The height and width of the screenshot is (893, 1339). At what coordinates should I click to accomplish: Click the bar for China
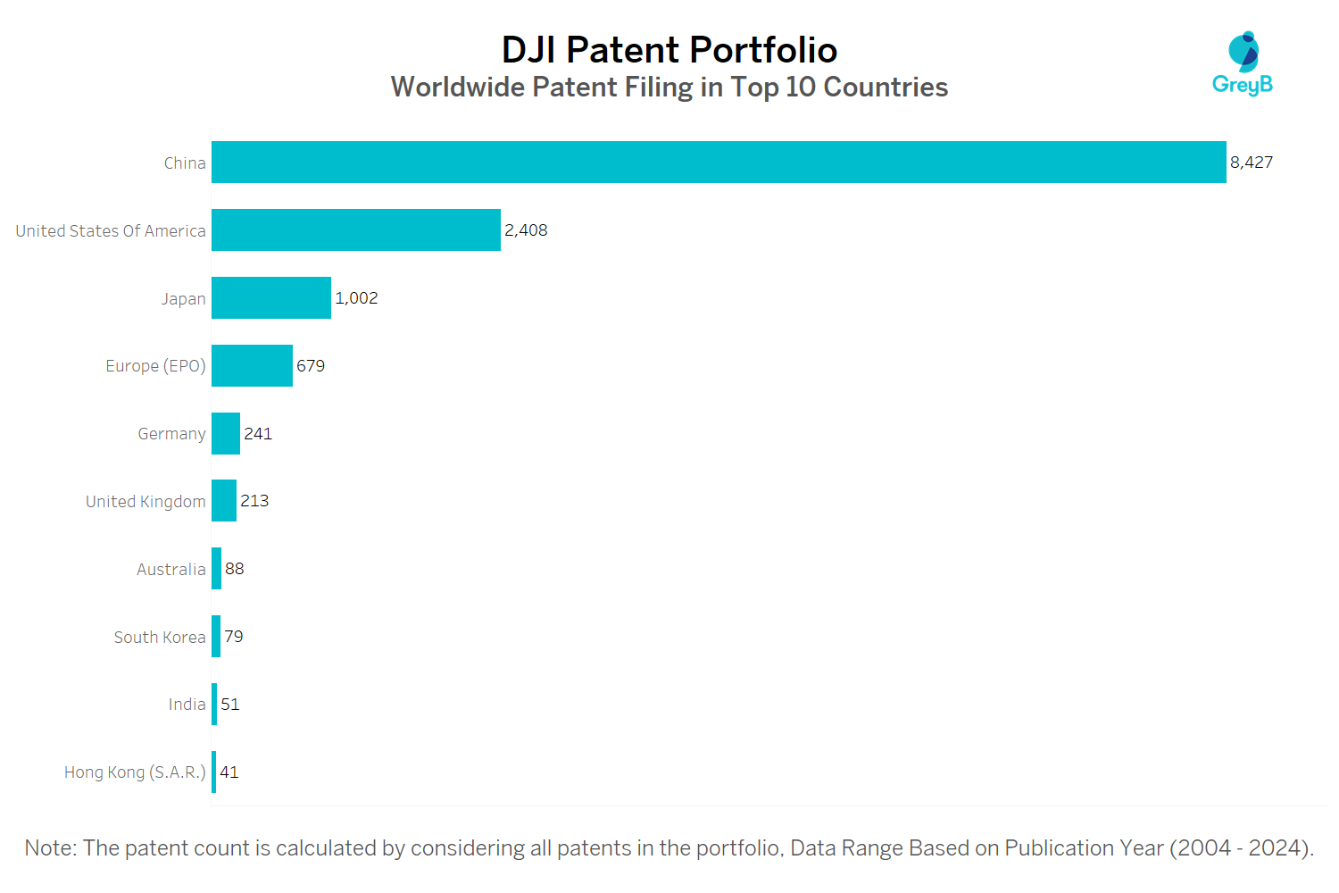tap(719, 163)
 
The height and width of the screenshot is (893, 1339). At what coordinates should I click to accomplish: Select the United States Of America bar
tap(356, 230)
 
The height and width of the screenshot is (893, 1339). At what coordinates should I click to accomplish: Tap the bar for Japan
tap(271, 298)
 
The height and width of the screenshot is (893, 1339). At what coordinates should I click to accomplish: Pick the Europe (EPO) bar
tap(252, 366)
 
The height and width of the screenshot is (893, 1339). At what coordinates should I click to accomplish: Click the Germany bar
tap(226, 434)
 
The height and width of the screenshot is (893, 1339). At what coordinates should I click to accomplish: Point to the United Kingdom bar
tap(224, 501)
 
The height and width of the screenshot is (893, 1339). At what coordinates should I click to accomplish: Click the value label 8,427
tap(1252, 163)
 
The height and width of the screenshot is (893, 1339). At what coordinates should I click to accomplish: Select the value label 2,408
tap(526, 230)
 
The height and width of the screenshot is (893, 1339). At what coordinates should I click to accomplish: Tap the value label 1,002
tap(356, 298)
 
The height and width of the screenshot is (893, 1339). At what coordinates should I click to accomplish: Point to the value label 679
tap(311, 366)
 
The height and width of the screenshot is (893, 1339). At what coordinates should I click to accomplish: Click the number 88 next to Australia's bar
tap(235, 569)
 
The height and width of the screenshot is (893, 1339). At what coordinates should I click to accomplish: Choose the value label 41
tap(229, 772)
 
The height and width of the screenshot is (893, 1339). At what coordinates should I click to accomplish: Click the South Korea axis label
tap(160, 638)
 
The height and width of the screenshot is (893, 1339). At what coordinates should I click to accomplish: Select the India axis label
tap(187, 705)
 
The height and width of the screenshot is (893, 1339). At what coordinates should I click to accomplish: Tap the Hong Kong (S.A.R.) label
tap(135, 772)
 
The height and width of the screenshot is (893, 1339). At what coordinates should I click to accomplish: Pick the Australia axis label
tap(171, 570)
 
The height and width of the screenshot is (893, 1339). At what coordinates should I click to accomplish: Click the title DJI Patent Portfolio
tap(669, 50)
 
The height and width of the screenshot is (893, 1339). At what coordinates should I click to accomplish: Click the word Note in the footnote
tap(49, 848)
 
